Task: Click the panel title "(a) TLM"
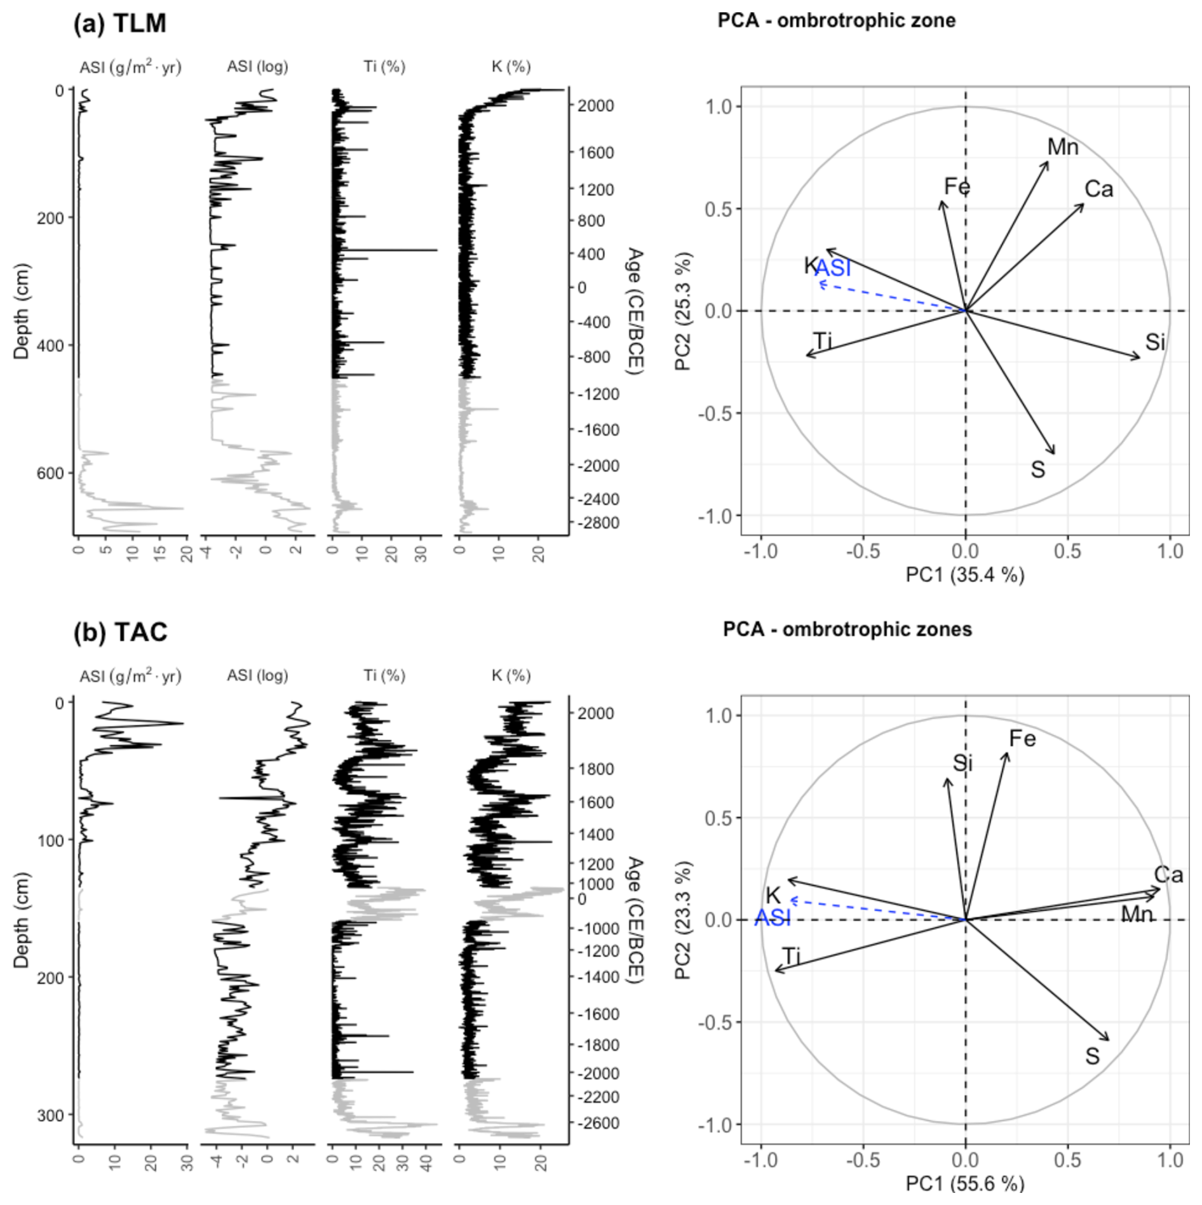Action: [119, 24]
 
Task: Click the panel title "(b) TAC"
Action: [120, 632]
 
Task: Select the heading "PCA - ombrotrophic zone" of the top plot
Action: [836, 20]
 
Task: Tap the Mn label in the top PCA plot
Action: [1062, 147]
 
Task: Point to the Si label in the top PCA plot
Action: [1155, 342]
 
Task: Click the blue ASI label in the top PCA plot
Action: [833, 269]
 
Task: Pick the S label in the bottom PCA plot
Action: [1091, 1056]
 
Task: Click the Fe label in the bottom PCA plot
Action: [1022, 738]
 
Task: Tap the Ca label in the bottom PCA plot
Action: [1168, 875]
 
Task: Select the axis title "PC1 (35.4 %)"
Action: [964, 575]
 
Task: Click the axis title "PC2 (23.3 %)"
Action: [683, 920]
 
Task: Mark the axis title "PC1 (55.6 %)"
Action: [964, 1183]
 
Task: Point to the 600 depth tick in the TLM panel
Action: [50, 473]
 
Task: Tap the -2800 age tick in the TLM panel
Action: [598, 523]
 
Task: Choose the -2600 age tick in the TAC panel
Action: [598, 1123]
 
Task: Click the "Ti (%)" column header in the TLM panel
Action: [384, 67]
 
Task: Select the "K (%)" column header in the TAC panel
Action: [511, 675]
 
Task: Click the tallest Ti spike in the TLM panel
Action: [436, 250]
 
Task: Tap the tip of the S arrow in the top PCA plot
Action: [1054, 454]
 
